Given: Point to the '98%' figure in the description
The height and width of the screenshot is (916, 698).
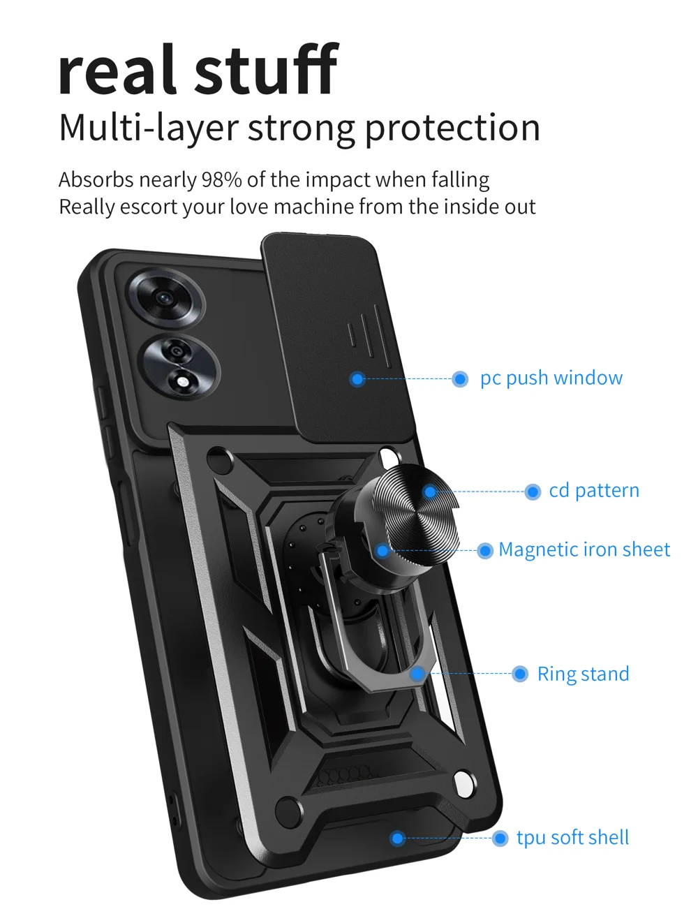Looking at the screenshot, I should click(221, 180).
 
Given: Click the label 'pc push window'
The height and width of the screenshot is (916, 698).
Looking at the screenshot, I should click(551, 378).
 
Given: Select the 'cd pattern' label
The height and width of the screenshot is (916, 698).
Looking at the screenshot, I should click(593, 491).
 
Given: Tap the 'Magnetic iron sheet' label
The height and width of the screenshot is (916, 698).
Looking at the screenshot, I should click(584, 550).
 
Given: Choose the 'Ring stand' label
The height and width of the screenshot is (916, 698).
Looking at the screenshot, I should click(583, 674).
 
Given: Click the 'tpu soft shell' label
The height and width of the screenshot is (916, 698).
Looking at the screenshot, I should click(572, 838).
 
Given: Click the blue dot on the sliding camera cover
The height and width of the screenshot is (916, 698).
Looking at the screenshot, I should click(357, 379).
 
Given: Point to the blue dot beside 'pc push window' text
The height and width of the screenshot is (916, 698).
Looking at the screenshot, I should click(460, 379).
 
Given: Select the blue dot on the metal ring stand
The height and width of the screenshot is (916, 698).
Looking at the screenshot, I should click(417, 674).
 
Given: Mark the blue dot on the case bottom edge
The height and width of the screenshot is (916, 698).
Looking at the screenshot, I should click(397, 838).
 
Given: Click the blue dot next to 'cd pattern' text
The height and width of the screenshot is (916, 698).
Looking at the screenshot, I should click(533, 492).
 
